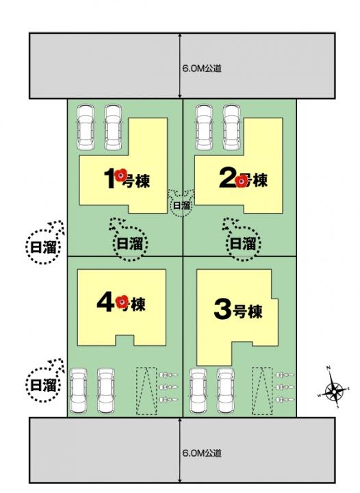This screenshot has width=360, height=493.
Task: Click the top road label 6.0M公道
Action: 202,68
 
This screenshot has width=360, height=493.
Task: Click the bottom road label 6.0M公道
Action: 202,453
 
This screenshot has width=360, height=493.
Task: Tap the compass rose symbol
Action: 334,392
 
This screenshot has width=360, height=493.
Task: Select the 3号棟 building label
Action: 238,311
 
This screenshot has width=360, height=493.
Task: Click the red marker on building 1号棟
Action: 120,176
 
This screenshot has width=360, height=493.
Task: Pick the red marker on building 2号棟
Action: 240,181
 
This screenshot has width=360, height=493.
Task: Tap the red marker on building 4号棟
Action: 123,301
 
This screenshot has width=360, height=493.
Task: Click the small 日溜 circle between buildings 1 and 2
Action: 181,204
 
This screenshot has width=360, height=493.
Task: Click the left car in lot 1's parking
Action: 86,127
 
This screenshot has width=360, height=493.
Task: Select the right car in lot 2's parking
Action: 231,127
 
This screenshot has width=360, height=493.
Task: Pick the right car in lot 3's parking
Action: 227,392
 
